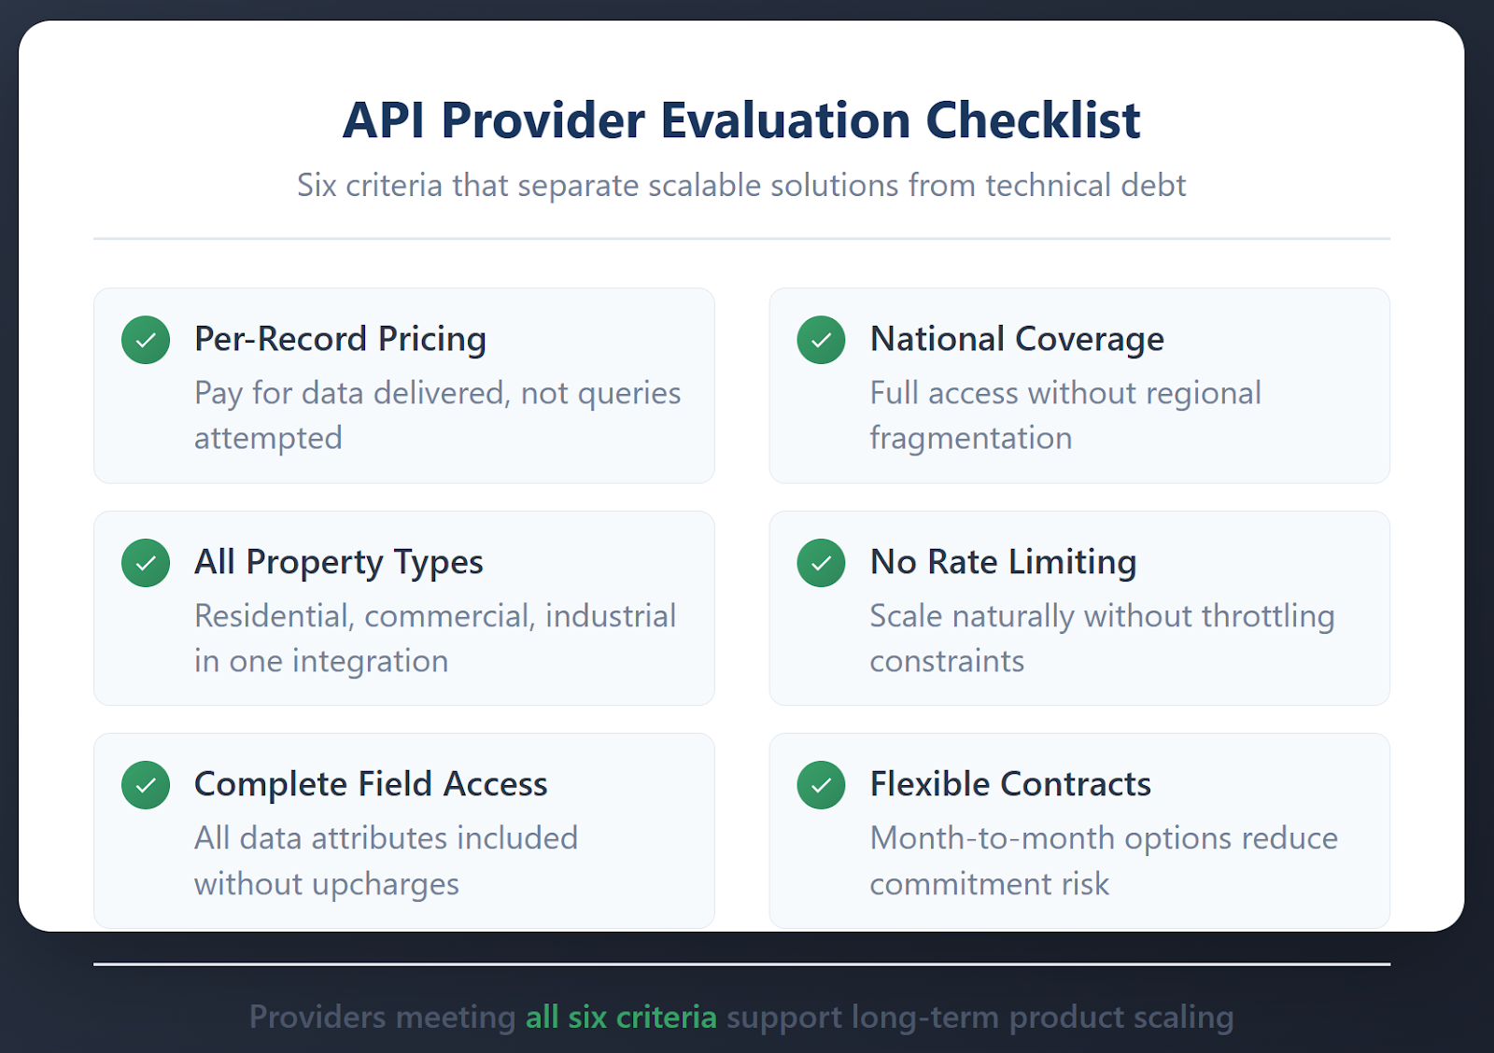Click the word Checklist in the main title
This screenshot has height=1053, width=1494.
click(1033, 120)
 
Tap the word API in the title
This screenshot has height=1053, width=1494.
click(384, 120)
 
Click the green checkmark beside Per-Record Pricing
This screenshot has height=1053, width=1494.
click(146, 340)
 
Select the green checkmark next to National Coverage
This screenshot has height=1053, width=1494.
click(821, 340)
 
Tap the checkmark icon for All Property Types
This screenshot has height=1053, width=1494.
click(146, 563)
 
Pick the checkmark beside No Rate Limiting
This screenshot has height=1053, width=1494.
click(821, 563)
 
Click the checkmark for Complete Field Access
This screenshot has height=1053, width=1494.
click(146, 785)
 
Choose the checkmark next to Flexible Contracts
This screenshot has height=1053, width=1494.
click(821, 785)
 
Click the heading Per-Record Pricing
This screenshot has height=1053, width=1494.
click(340, 339)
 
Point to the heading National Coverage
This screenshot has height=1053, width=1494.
click(1017, 339)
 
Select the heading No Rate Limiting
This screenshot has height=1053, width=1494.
click(1003, 562)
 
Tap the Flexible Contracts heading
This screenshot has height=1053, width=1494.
click(1010, 784)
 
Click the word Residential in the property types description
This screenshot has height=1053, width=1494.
click(274, 616)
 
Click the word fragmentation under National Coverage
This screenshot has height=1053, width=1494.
click(970, 438)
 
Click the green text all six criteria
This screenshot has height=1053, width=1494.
click(621, 1017)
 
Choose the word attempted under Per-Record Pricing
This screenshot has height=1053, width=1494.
click(268, 438)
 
